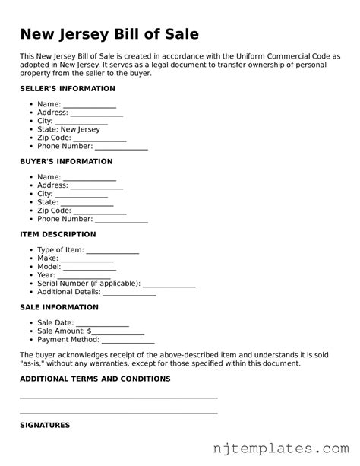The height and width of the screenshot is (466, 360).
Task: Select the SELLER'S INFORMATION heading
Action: click(x=68, y=89)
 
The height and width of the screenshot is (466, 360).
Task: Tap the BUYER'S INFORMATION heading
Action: click(x=66, y=162)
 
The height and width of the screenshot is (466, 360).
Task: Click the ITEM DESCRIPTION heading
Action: click(x=58, y=234)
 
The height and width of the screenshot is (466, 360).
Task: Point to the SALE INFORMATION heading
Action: click(x=59, y=307)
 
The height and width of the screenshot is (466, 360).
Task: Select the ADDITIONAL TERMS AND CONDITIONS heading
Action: click(x=95, y=379)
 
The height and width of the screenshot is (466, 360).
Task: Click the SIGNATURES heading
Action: click(x=45, y=425)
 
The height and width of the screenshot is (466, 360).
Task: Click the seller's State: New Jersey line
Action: click(x=68, y=130)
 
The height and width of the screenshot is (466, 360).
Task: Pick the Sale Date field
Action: click(x=103, y=322)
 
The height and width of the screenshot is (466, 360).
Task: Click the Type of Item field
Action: click(x=112, y=250)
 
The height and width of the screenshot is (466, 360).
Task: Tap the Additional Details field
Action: click(x=129, y=293)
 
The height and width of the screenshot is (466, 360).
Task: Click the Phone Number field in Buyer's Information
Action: click(x=121, y=220)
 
